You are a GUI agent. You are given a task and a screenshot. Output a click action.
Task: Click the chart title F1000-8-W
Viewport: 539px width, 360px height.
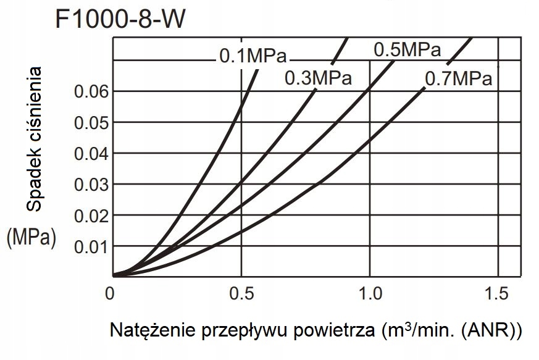(120, 20)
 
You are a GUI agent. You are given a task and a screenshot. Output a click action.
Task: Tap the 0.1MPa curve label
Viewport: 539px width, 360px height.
(253, 57)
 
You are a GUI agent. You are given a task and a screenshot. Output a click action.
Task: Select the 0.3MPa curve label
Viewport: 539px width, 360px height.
(318, 78)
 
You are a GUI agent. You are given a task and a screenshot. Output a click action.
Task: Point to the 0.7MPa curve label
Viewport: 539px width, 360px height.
(458, 79)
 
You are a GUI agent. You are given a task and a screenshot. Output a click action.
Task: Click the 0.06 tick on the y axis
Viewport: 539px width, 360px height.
(91, 92)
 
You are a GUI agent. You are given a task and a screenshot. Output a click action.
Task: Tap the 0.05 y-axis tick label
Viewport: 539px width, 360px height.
(91, 122)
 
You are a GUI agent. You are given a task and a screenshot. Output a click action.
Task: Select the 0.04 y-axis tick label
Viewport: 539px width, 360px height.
(91, 153)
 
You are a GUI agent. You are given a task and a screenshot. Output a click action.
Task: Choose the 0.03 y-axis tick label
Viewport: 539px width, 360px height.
(91, 184)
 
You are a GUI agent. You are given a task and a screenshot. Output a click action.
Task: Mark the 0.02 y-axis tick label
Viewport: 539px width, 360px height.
(91, 215)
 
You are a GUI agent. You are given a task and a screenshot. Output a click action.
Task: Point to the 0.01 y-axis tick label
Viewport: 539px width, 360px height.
(91, 246)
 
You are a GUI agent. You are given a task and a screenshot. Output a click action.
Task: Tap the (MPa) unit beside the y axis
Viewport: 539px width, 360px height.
(31, 238)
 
